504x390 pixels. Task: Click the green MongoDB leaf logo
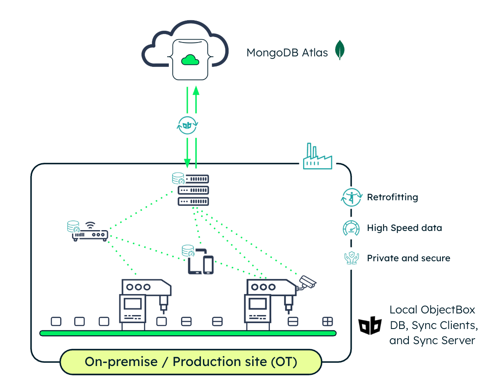tap(340, 50)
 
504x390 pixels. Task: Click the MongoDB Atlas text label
tap(287, 53)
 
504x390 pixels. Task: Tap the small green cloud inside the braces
tap(190, 60)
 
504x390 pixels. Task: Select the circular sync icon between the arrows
tap(188, 125)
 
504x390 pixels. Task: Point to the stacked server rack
tap(193, 190)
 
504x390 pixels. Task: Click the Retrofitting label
tap(392, 197)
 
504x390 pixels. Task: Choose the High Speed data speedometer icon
tap(351, 228)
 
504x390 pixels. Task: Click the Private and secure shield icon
tap(351, 258)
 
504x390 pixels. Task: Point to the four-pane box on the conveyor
tap(327, 321)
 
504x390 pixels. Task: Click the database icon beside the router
tap(73, 227)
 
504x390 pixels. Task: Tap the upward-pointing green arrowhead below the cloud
tap(196, 91)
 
